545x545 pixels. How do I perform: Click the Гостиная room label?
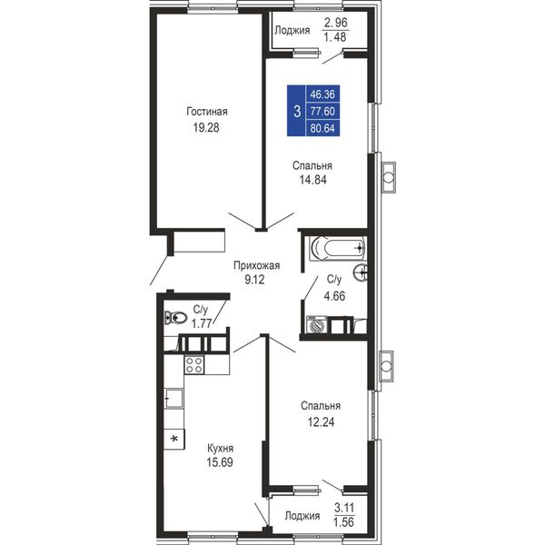207,112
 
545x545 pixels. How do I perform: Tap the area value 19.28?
206,127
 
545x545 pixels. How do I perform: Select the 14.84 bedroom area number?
312,180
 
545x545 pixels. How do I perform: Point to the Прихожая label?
256,265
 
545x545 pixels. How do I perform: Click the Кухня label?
220,448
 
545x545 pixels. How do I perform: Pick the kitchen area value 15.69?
220,462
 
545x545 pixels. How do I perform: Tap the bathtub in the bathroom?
337,248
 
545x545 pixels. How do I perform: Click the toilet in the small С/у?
175,317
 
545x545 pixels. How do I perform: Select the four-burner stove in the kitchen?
194,364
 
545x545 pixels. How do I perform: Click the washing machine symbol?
317,325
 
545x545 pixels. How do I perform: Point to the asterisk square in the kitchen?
174,439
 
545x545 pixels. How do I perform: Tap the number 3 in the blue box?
297,112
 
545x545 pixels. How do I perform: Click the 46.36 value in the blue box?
322,94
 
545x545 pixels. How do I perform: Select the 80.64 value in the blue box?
322,128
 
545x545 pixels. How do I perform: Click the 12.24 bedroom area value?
321,422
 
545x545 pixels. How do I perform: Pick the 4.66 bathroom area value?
334,296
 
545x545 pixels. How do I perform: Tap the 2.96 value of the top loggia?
336,23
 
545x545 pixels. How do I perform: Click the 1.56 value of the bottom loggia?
343,522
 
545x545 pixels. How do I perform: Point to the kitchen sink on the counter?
173,398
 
